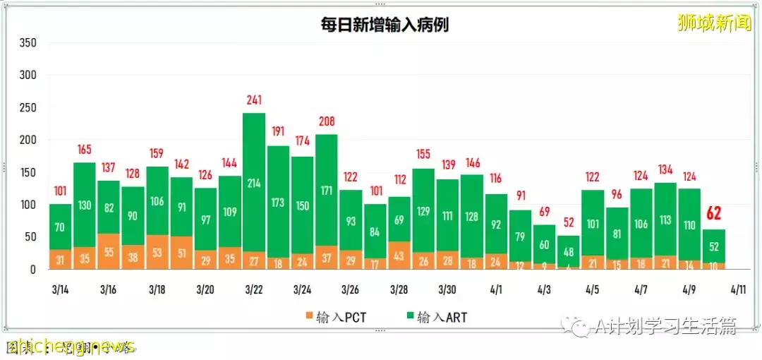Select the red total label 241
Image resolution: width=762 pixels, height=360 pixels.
[x=254, y=100]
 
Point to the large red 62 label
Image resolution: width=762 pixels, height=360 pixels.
[x=714, y=214]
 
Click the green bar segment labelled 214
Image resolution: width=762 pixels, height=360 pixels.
[x=254, y=182]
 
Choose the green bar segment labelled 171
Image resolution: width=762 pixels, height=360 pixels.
[x=327, y=191]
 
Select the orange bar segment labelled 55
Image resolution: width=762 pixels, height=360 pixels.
[x=109, y=252]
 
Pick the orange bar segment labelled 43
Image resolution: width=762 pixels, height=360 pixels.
[x=399, y=256]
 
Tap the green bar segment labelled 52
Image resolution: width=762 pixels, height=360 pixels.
[x=714, y=246]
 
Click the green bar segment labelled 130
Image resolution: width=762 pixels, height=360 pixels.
[x=85, y=205]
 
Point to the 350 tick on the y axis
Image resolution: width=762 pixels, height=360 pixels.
[x=28, y=43]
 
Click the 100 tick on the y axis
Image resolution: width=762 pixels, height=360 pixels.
[x=28, y=205]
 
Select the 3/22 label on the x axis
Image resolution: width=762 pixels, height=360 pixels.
[x=254, y=289]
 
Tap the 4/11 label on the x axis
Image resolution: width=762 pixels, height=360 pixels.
[x=739, y=289]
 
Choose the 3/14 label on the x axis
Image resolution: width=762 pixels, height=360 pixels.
[x=60, y=289]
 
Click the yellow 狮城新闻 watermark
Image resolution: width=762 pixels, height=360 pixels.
[x=714, y=23]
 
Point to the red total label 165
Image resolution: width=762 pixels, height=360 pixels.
[x=85, y=150]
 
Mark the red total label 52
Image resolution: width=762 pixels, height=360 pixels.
[x=569, y=222]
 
